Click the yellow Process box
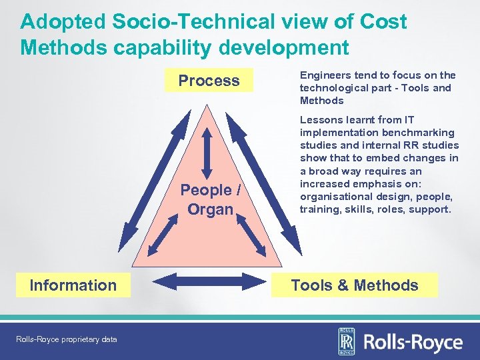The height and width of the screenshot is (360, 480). tap(209, 81)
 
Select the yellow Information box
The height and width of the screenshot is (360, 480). tap(73, 285)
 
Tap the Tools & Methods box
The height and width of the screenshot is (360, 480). tap(355, 285)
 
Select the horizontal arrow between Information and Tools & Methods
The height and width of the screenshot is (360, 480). tap(203, 283)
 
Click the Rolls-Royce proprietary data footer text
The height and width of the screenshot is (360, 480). tap(66, 339)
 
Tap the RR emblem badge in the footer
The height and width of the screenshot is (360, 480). tap(347, 342)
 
